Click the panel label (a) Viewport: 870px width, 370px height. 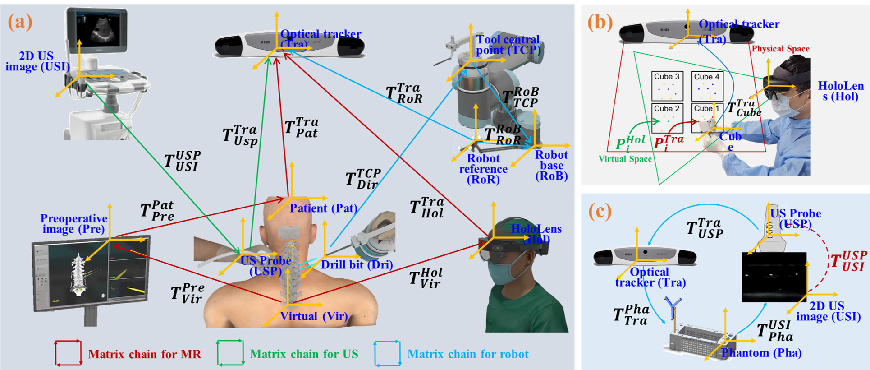20,22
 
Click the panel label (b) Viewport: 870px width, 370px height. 600,22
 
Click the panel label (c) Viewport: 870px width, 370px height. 600,211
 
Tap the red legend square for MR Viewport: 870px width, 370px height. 68,353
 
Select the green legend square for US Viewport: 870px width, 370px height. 230,353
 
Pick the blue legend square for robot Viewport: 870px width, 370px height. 387,353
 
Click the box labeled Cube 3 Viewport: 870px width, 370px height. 667,86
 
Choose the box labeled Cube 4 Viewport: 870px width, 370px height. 707,86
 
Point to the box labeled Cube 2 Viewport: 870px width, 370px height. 667,117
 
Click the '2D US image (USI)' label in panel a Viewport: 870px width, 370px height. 37,61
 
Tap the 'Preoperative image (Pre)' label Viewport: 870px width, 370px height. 74,224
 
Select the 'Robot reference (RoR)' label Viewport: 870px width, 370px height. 483,169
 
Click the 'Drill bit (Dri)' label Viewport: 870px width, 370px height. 357,265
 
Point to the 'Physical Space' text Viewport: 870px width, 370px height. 780,49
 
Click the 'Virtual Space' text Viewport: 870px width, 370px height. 625,159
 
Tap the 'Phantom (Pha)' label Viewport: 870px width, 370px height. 761,353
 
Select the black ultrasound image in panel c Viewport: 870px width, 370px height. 774,277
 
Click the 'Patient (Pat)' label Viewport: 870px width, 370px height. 323,208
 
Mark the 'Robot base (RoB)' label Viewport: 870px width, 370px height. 551,166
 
